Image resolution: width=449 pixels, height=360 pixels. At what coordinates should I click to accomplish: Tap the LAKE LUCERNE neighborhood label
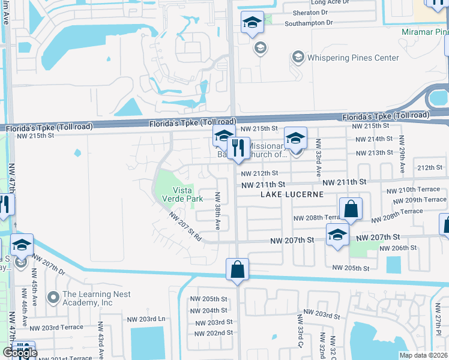click(x=292, y=194)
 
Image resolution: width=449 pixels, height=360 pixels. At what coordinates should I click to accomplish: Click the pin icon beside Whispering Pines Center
click(x=297, y=58)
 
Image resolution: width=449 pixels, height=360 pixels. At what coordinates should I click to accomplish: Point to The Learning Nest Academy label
click(x=88, y=298)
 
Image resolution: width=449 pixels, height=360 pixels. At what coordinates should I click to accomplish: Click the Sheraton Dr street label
click(x=312, y=12)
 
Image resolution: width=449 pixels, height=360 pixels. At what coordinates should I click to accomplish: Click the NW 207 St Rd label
click(x=185, y=227)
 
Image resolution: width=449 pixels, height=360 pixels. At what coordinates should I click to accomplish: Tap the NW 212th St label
click(x=259, y=173)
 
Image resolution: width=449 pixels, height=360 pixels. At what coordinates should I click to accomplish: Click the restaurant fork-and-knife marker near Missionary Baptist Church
click(x=238, y=147)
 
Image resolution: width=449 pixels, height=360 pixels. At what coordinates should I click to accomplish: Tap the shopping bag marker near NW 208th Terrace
click(x=351, y=210)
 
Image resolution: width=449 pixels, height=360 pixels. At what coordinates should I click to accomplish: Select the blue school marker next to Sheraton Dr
click(x=252, y=23)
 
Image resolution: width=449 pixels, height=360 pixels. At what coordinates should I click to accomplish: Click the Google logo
click(x=20, y=353)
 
